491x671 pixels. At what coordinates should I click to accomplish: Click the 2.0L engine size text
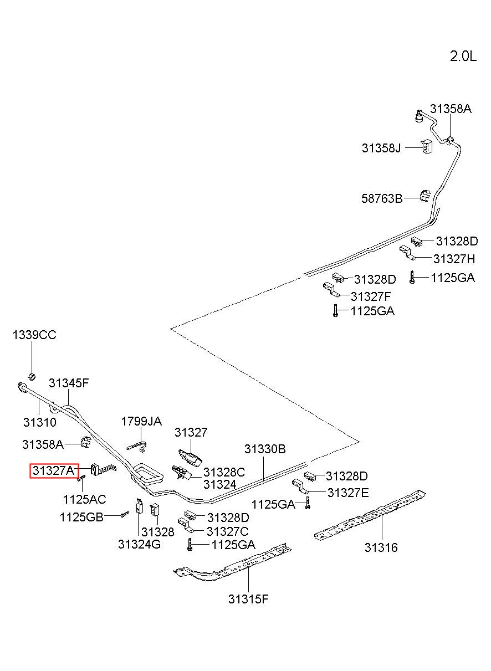pos(463,56)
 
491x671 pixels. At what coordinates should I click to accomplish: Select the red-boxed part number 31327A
pos(54,470)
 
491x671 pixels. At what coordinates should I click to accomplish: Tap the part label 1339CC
pos(34,335)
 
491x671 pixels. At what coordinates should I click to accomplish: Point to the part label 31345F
pos(69,383)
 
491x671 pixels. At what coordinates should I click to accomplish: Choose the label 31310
pos(40,422)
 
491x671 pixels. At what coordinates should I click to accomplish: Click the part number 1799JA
pos(141,422)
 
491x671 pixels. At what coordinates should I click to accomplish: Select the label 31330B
pos(265,449)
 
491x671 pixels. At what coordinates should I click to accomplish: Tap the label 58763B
pos(382,198)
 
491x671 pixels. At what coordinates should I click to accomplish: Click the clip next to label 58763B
pos(425,196)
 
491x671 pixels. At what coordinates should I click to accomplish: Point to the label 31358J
pos(381,148)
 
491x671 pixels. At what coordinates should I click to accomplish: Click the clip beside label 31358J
pos(427,146)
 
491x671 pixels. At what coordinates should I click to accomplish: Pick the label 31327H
pos(454,259)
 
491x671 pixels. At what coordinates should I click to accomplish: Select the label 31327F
pos(371,296)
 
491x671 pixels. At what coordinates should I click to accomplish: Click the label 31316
pos(381,547)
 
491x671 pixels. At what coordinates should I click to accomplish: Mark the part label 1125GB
pos(81,517)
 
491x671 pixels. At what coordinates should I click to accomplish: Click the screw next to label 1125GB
pos(125,514)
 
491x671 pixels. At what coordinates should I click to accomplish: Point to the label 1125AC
pos(84,499)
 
